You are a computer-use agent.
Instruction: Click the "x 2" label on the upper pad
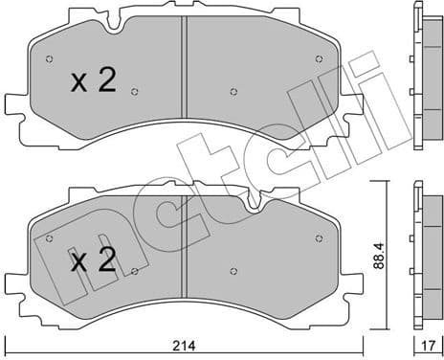coord(94,81)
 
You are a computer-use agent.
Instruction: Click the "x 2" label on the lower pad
coord(94,260)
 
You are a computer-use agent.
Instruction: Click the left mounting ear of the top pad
coord(16,103)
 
